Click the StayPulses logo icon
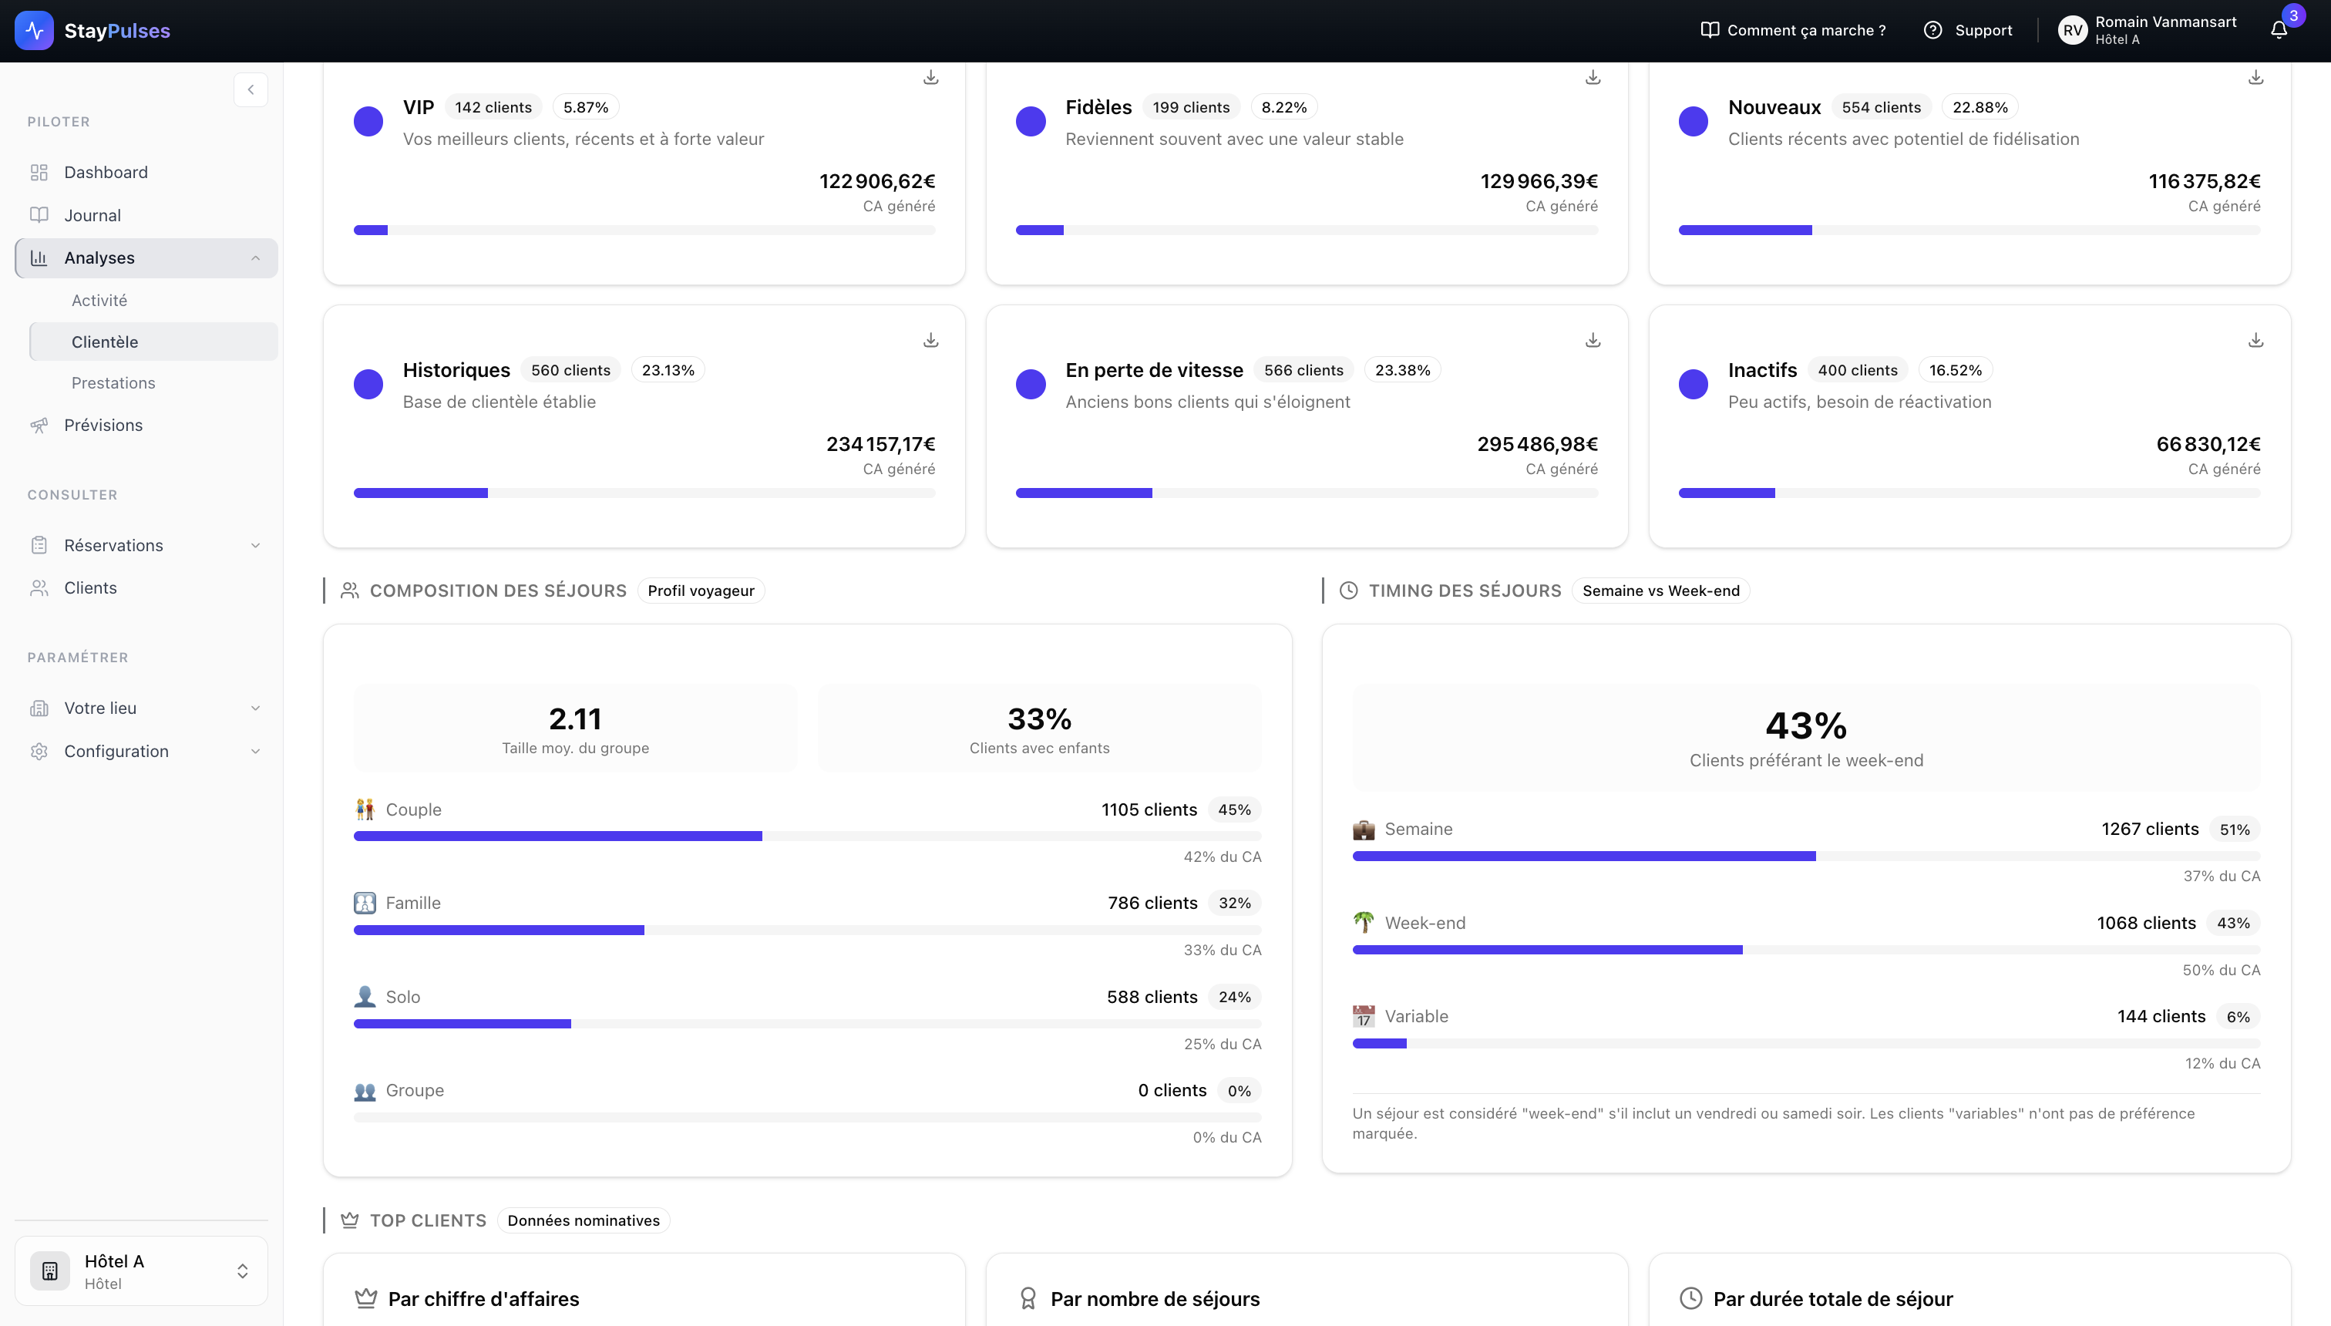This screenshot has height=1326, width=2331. (x=35, y=30)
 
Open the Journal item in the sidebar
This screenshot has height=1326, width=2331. (x=92, y=215)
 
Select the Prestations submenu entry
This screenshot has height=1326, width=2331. (x=113, y=382)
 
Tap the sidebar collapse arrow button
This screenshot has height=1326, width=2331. (x=251, y=89)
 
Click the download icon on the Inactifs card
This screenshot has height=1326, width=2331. (x=2255, y=340)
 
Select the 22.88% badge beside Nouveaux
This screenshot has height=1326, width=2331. (x=1979, y=106)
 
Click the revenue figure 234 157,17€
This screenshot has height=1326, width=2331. (x=880, y=443)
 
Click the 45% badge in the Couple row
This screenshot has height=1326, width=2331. (x=1234, y=809)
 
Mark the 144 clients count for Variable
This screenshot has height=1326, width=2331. (x=2161, y=1015)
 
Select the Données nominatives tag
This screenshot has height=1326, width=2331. (x=583, y=1220)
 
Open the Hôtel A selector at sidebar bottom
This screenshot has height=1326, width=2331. (x=141, y=1270)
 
